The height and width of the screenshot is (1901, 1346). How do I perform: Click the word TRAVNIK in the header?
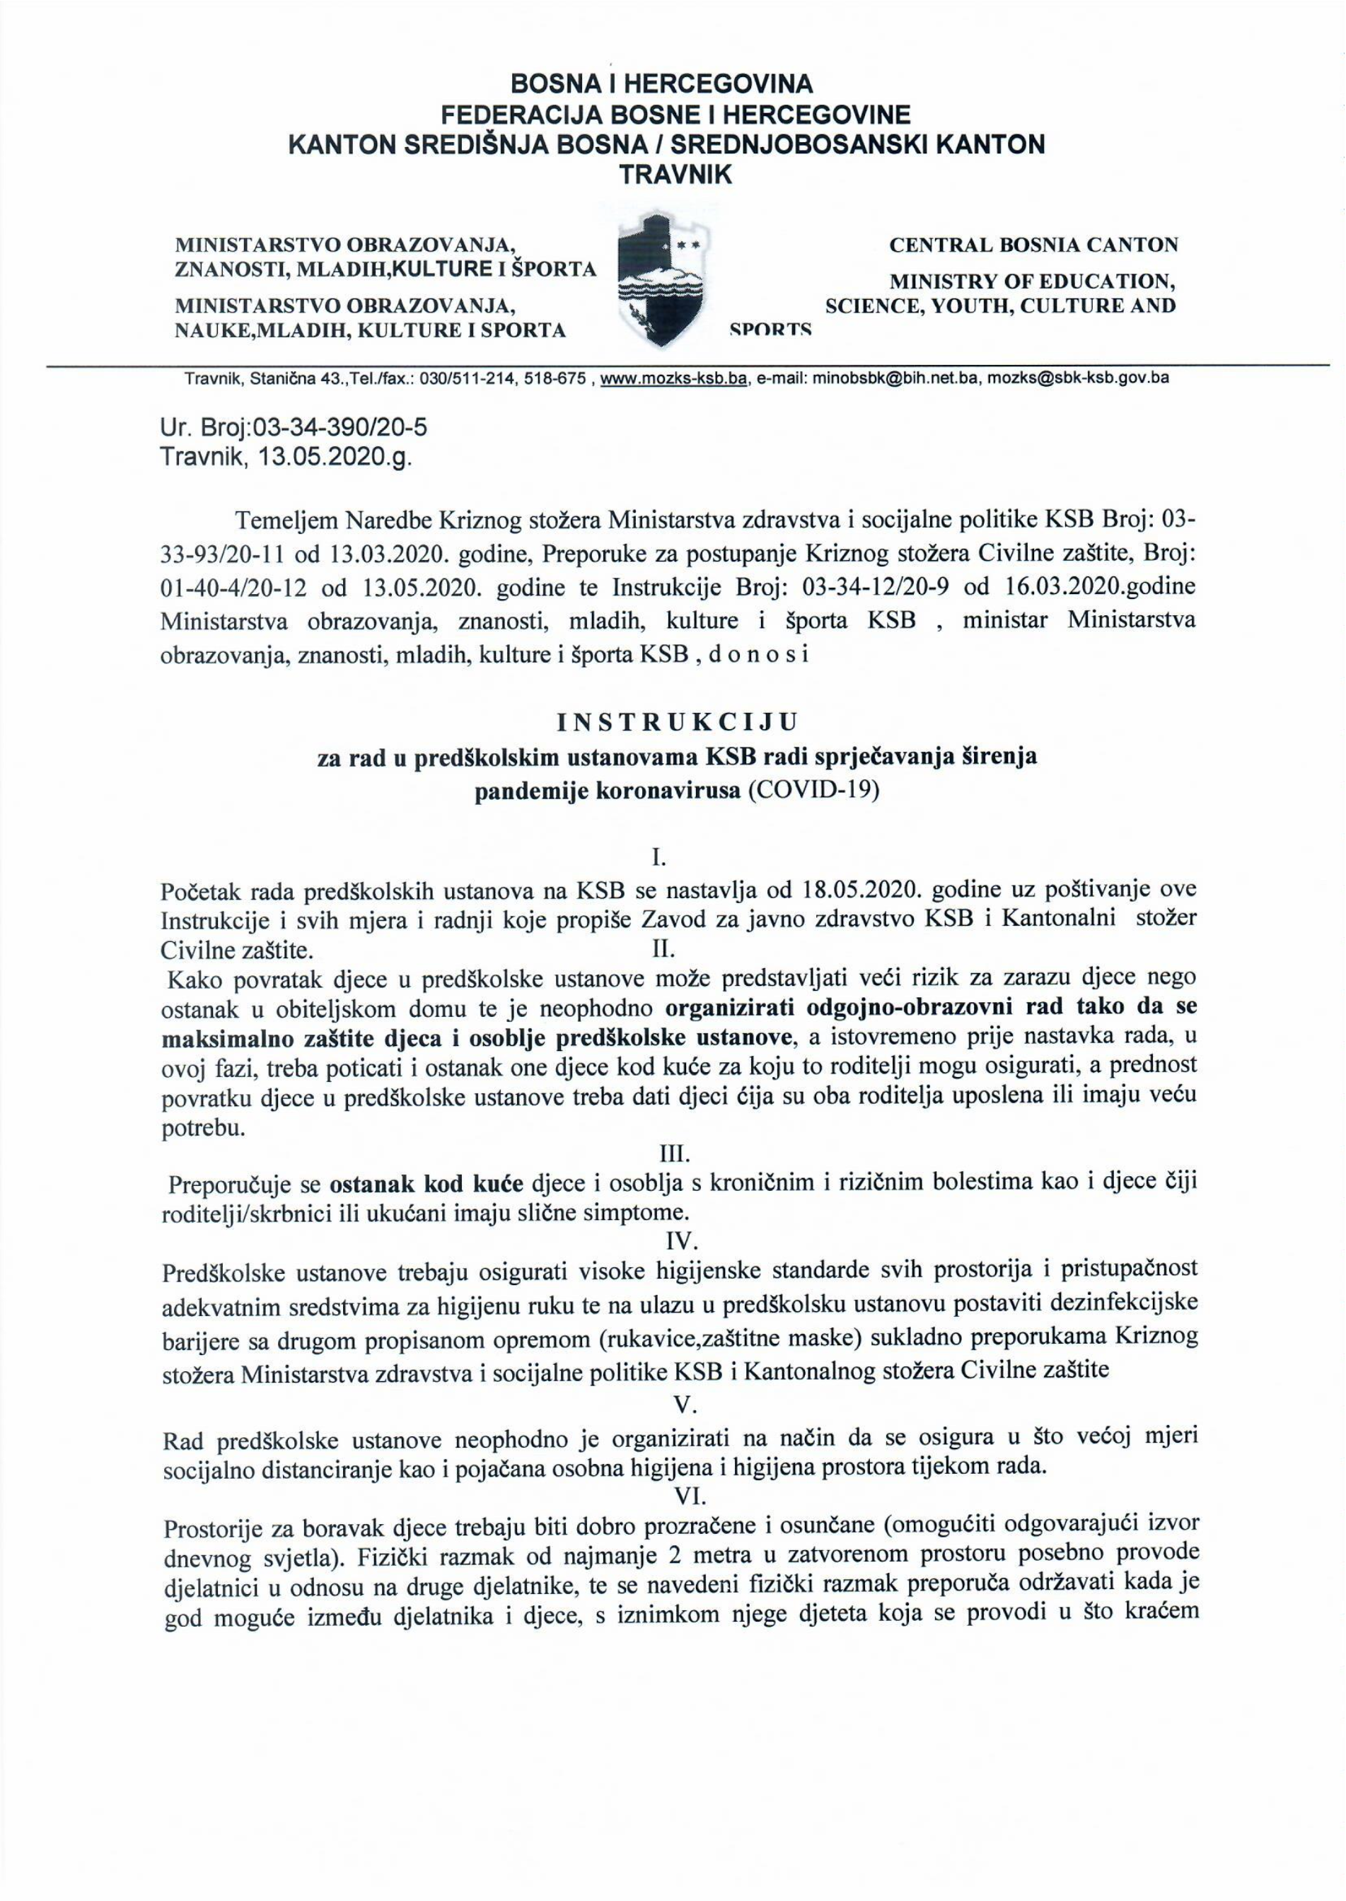pos(666,175)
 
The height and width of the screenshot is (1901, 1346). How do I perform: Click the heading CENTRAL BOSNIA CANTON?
pos(1033,245)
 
